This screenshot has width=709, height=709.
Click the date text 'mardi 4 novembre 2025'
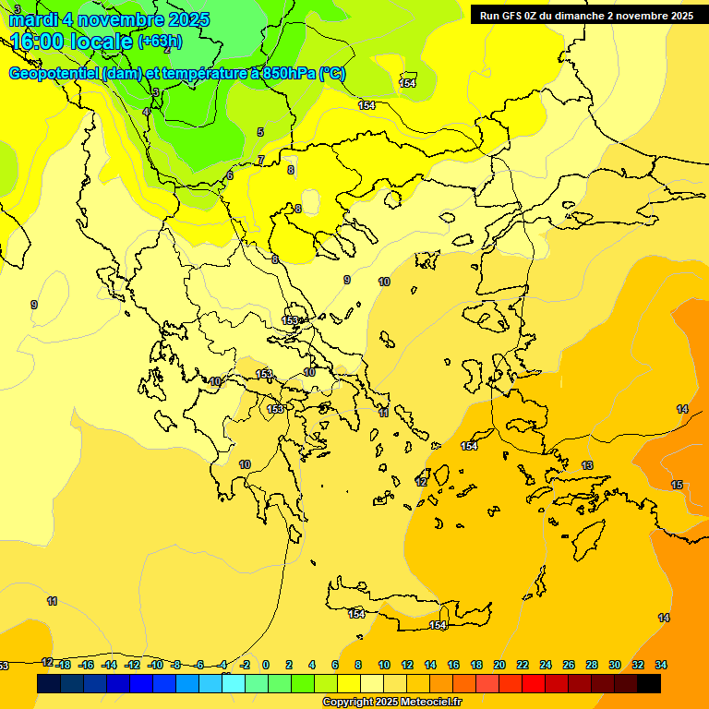coord(109,19)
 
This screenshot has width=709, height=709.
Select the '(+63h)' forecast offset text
coord(160,42)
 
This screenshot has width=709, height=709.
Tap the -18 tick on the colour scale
coord(64,665)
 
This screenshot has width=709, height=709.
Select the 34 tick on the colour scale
coord(661,665)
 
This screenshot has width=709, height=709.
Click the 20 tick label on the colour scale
coord(499,665)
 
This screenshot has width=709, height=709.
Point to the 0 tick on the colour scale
coord(266,665)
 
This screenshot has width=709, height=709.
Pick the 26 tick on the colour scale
coord(569,665)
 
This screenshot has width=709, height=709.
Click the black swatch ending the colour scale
coord(649,683)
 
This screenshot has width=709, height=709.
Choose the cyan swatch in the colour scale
coord(234,683)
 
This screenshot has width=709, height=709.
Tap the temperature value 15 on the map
coord(677,485)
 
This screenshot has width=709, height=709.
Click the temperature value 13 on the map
coord(587,464)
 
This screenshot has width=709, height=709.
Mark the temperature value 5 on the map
coord(260,132)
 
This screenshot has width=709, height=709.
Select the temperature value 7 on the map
coord(260,160)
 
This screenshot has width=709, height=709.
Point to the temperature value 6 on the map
coord(230,175)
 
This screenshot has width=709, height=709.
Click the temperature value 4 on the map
coord(146,112)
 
